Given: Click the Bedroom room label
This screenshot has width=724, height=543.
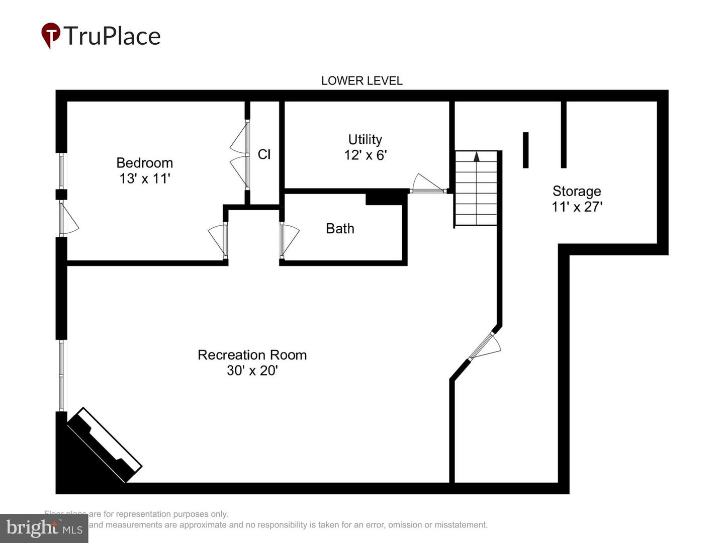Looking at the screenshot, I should [144, 163].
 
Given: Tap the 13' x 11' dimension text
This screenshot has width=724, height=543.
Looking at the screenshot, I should [144, 178].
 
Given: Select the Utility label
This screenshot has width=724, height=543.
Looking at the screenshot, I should [365, 139].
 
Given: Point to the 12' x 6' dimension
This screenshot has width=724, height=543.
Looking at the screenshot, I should [365, 155].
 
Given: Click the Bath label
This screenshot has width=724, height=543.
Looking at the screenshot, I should [340, 228].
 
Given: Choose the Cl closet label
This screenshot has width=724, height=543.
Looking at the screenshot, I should [264, 154].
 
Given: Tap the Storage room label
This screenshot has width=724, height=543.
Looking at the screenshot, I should [577, 191].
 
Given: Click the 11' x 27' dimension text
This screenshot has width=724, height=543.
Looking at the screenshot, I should [577, 207].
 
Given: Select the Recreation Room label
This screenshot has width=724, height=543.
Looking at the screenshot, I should [252, 355].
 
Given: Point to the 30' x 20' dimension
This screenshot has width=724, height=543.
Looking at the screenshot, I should [252, 371].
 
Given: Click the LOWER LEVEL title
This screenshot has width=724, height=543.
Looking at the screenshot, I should [361, 80].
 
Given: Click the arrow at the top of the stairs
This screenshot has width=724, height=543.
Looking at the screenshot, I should [477, 156].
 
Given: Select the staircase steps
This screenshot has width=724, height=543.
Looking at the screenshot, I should [476, 194].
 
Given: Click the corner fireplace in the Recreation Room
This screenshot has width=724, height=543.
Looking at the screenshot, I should [105, 444].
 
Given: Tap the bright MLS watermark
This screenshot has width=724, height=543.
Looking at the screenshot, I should [44, 528].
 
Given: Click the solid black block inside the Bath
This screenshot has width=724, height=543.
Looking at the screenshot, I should [386, 198].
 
